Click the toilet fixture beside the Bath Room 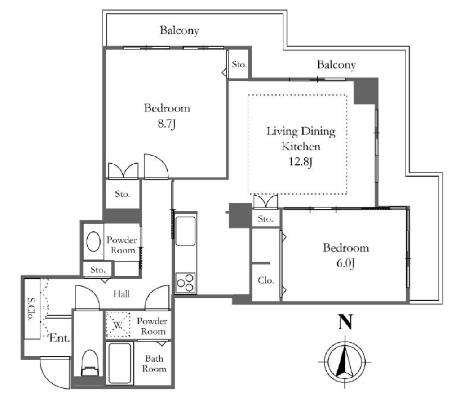coord(89,363)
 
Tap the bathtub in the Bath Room coord(119,363)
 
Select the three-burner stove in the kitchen coord(186,282)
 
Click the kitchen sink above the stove coord(186,231)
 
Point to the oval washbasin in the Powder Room coord(93,241)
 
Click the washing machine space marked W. coord(118,325)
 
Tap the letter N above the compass coord(345,322)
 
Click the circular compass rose coord(345,362)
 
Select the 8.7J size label coord(166,124)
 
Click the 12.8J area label coord(301,162)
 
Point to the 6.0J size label coord(345,263)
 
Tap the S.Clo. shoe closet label coord(31,309)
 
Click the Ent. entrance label coord(60,338)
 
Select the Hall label coord(121,293)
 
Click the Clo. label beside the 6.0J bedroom coord(266,280)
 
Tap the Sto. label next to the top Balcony coord(239,64)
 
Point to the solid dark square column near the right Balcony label coord(365,91)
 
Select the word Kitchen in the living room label coord(301,146)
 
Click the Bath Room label coord(154,364)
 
